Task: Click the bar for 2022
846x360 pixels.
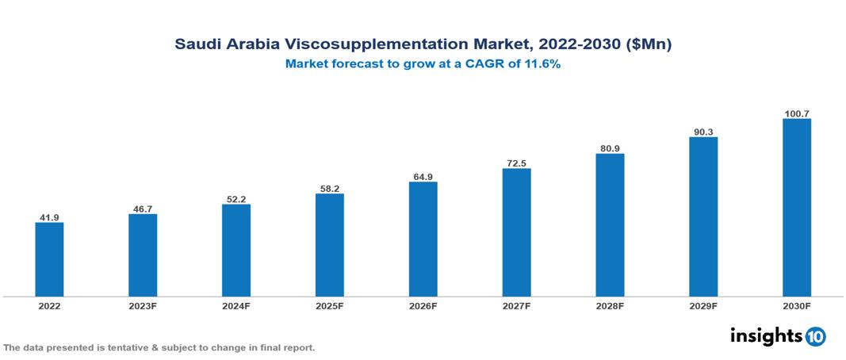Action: click(x=49, y=259)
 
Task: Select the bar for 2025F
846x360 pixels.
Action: click(x=330, y=245)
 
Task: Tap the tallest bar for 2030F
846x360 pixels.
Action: click(x=796, y=208)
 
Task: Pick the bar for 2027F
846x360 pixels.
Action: click(x=516, y=232)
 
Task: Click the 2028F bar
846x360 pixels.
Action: click(x=610, y=225)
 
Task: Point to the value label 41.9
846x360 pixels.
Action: click(x=49, y=216)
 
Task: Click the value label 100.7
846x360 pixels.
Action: click(x=796, y=113)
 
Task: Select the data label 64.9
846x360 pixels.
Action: click(x=423, y=176)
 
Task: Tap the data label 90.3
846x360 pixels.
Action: click(x=703, y=131)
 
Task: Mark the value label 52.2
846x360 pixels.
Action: click(x=236, y=198)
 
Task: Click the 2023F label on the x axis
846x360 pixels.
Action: click(x=143, y=306)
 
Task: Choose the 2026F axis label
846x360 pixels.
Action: click(x=423, y=306)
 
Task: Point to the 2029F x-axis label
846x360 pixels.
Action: click(x=703, y=306)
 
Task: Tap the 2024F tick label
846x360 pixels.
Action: click(x=236, y=306)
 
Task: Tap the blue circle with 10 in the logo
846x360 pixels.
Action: click(x=815, y=336)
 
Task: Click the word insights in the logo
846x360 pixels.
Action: click(x=766, y=335)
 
